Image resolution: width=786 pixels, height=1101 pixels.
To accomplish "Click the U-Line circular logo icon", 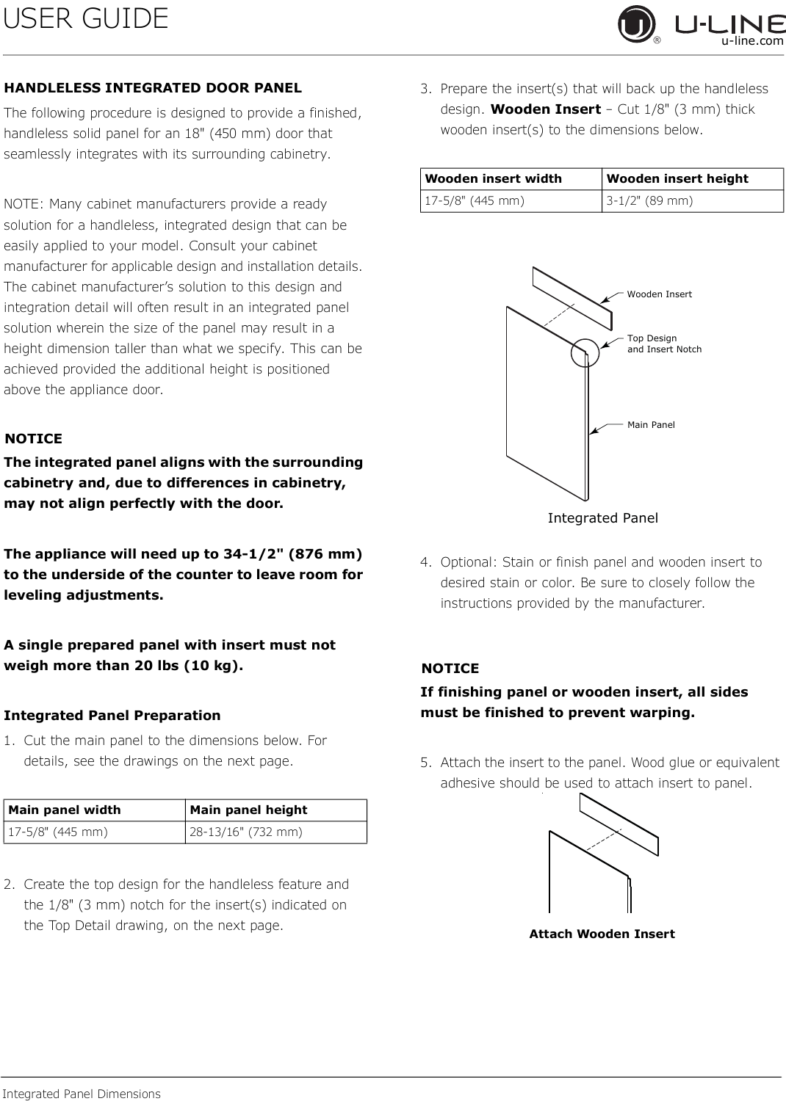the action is pyautogui.click(x=636, y=24).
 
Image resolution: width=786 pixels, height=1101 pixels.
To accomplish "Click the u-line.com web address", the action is pyautogui.click(x=752, y=41).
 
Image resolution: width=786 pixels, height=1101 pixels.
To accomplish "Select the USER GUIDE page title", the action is pyautogui.click(x=86, y=18).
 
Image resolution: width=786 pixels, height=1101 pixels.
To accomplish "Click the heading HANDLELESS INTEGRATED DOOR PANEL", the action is pyautogui.click(x=153, y=88).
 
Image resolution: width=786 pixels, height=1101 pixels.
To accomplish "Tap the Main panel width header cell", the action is pyautogui.click(x=95, y=810).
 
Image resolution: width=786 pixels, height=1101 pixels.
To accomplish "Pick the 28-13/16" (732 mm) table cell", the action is pyautogui.click(x=276, y=832).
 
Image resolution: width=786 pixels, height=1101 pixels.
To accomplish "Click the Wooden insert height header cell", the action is pyautogui.click(x=693, y=178).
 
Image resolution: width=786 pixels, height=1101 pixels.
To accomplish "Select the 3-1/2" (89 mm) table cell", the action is pyautogui.click(x=693, y=200).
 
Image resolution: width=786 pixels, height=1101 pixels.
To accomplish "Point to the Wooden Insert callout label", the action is pyautogui.click(x=659, y=294).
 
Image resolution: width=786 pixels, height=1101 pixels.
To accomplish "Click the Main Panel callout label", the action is pyautogui.click(x=651, y=425).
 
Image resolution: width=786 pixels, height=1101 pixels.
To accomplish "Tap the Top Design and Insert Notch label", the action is pyautogui.click(x=665, y=344).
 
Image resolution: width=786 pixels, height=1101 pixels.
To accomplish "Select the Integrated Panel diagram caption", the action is pyautogui.click(x=602, y=518).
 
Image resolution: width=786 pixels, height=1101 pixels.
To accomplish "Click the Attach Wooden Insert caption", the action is pyautogui.click(x=602, y=934).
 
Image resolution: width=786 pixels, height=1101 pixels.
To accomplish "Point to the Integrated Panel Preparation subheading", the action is pyautogui.click(x=112, y=715).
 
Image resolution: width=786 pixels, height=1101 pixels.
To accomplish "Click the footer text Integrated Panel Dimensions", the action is pyautogui.click(x=82, y=1094).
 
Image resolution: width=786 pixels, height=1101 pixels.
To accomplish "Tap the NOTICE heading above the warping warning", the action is pyautogui.click(x=450, y=669).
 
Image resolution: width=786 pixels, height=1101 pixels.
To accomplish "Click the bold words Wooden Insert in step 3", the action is pyautogui.click(x=546, y=109).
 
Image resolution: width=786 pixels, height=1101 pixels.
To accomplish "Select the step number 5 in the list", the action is pyautogui.click(x=426, y=763).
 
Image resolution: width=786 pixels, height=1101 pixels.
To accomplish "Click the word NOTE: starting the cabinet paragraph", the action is pyautogui.click(x=24, y=204).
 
